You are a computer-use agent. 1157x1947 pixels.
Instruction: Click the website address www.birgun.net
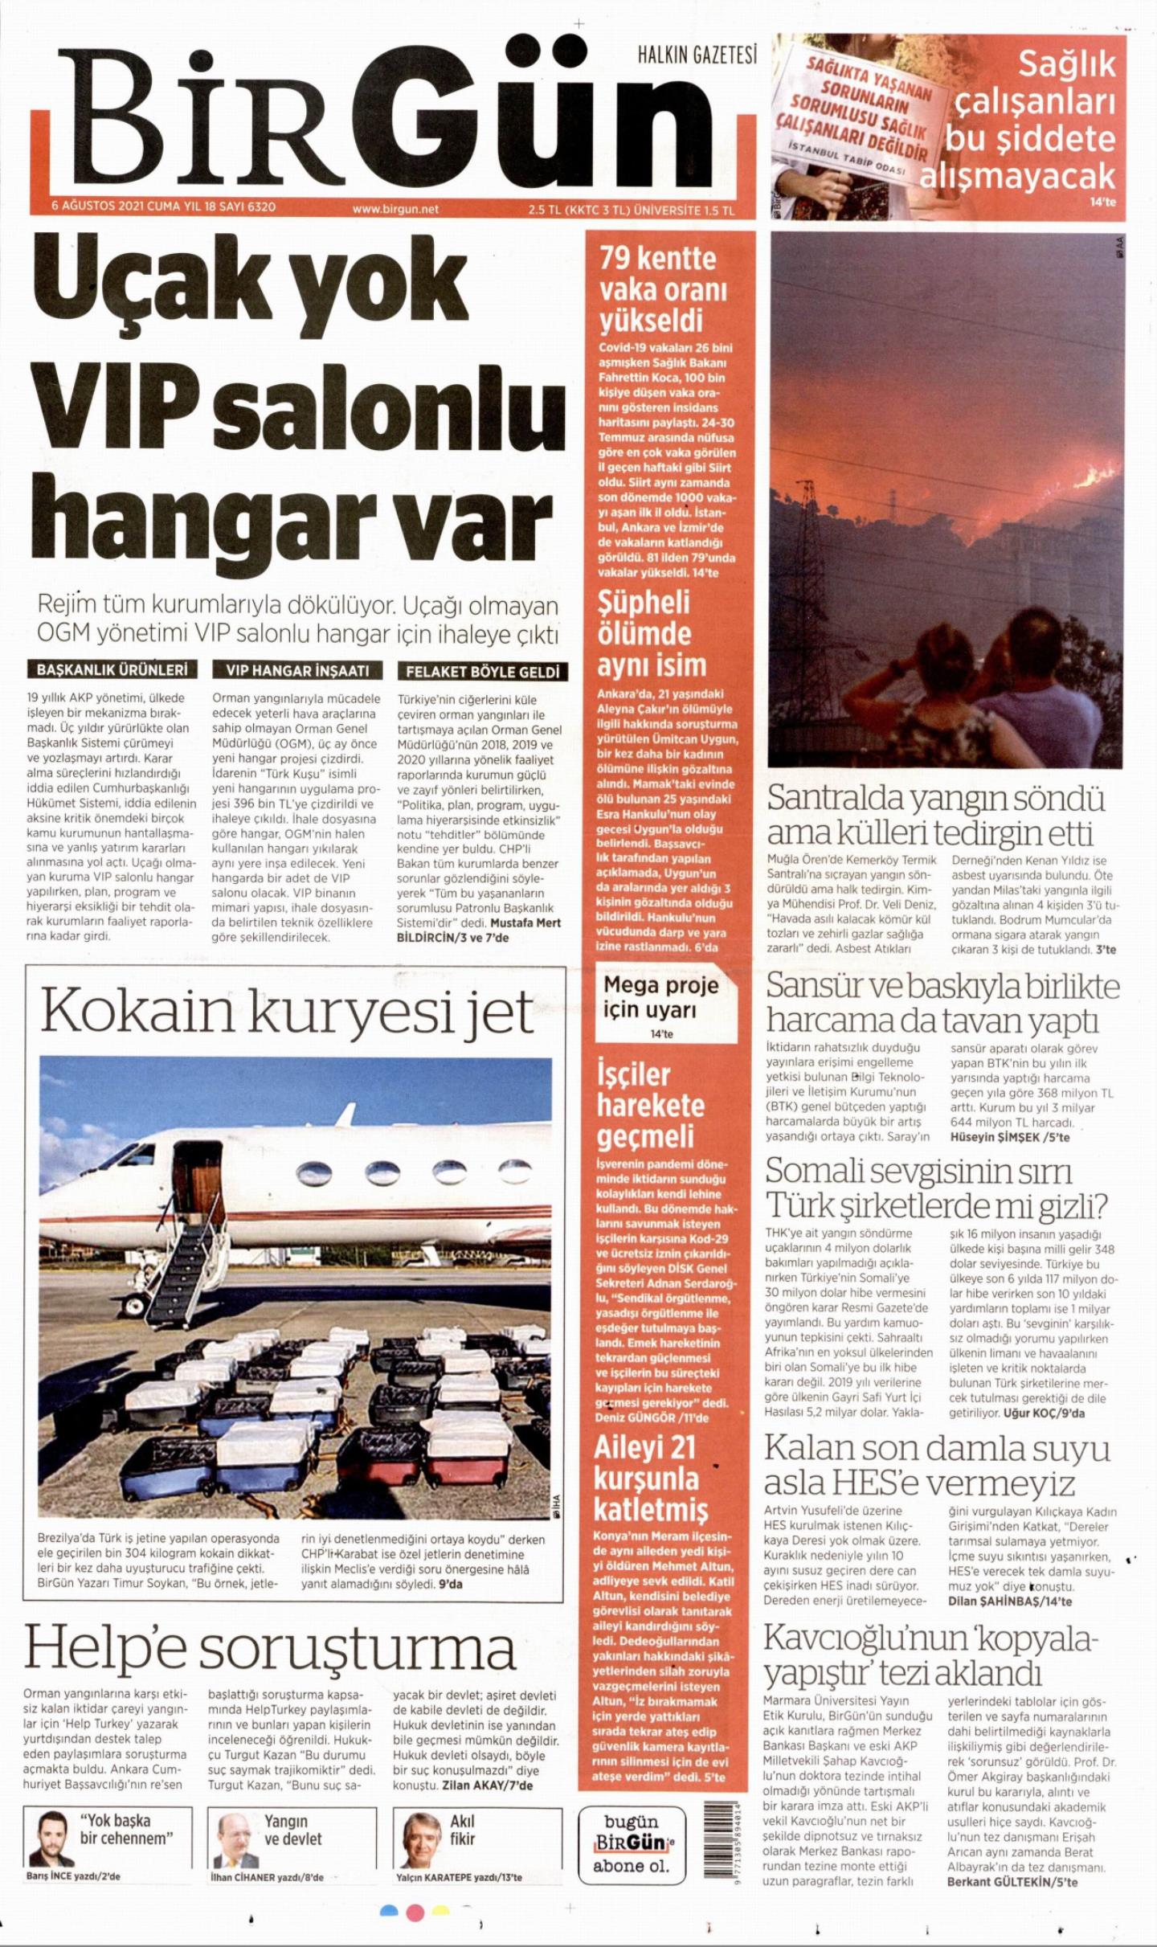pos(395,208)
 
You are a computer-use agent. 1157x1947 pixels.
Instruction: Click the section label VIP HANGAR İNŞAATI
pos(297,670)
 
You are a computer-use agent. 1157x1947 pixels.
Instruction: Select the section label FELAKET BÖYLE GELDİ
pos(482,672)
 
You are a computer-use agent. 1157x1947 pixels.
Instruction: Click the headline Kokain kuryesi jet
pos(287,1012)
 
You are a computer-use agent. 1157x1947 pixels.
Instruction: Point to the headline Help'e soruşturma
pos(270,1646)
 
